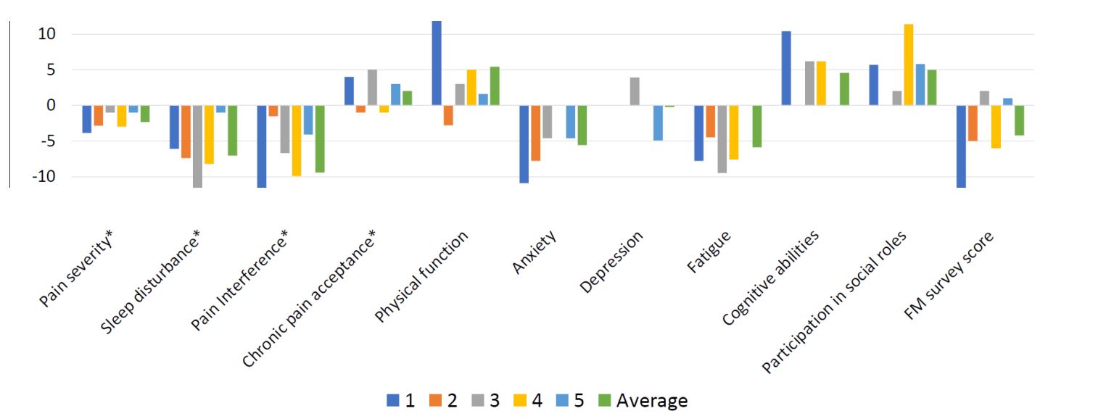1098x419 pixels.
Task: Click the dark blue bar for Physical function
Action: click(437, 63)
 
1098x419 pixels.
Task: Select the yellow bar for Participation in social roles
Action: click(908, 65)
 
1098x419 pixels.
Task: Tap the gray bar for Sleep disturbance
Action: click(197, 146)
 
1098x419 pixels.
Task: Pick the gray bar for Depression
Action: click(635, 91)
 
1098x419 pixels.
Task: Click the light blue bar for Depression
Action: click(658, 123)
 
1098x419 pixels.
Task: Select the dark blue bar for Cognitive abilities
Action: click(786, 68)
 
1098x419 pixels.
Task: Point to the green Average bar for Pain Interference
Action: click(320, 139)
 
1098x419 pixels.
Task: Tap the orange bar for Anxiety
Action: click(536, 133)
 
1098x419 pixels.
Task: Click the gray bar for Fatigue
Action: click(722, 139)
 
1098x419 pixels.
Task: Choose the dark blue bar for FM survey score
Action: click(961, 146)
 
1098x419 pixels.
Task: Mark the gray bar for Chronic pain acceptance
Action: click(373, 87)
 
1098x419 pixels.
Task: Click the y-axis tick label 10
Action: click(46, 34)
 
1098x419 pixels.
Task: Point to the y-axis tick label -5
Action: click(44, 141)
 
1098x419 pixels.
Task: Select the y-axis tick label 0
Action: click(51, 105)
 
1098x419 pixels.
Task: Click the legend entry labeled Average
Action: click(643, 400)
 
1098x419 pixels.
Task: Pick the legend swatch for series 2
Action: click(435, 400)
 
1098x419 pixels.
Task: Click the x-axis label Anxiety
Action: click(534, 252)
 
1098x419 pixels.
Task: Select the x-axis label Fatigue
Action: click(709, 252)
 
